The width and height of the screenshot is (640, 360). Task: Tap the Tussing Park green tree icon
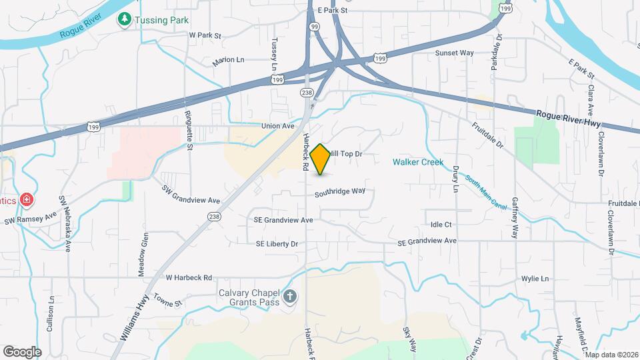pyautogui.click(x=124, y=20)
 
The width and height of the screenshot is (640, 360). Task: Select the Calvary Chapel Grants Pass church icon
pyautogui.click(x=290, y=297)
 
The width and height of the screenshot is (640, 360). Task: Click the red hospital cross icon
pyautogui.click(x=26, y=199)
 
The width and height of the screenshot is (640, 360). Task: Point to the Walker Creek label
pyautogui.click(x=418, y=162)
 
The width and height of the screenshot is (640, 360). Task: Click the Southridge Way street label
pyautogui.click(x=340, y=191)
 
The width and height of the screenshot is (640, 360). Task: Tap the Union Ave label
pyautogui.click(x=278, y=125)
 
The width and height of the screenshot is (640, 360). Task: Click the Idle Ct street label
pyautogui.click(x=441, y=225)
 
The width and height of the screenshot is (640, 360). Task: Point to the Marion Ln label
pyautogui.click(x=229, y=61)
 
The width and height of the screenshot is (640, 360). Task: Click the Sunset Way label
pyautogui.click(x=454, y=53)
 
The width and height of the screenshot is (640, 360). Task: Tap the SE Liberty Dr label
pyautogui.click(x=277, y=244)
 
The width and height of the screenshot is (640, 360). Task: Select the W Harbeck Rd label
pyautogui.click(x=189, y=277)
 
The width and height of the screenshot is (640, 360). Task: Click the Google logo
pyautogui.click(x=22, y=351)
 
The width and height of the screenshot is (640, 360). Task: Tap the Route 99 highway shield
pyautogui.click(x=313, y=25)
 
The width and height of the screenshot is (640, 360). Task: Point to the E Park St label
pyautogui.click(x=333, y=11)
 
